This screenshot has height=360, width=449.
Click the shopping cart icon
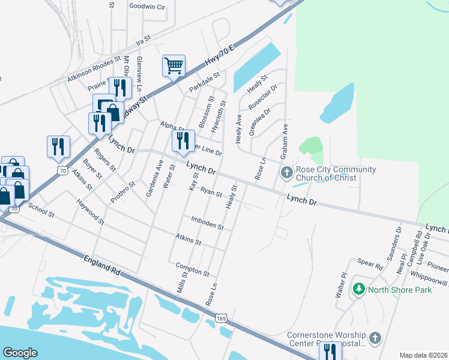click(x=173, y=65)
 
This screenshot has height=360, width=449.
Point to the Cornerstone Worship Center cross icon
click(x=376, y=338)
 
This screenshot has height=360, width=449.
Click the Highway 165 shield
click(x=221, y=317)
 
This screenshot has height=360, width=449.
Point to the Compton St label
click(x=192, y=269)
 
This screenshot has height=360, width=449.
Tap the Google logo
click(x=20, y=353)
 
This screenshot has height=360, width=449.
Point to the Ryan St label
click(x=211, y=193)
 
